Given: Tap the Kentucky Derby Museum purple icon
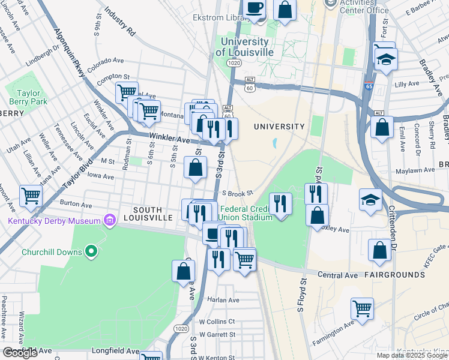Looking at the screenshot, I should click(109, 221).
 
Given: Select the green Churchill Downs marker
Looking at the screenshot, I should click(91, 251).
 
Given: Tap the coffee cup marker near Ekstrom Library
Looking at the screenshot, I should click(255, 8).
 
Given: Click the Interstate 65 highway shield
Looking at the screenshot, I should click(369, 86).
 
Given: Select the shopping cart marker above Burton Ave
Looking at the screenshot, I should click(31, 195).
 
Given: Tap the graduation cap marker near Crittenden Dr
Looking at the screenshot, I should click(370, 200).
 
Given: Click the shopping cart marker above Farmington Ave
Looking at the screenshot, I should click(362, 309).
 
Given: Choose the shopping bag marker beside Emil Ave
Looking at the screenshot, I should click(382, 127).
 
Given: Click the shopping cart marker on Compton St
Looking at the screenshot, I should click(127, 92).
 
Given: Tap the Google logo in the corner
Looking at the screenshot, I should click(20, 353).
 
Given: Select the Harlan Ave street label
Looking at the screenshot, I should click(223, 299).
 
